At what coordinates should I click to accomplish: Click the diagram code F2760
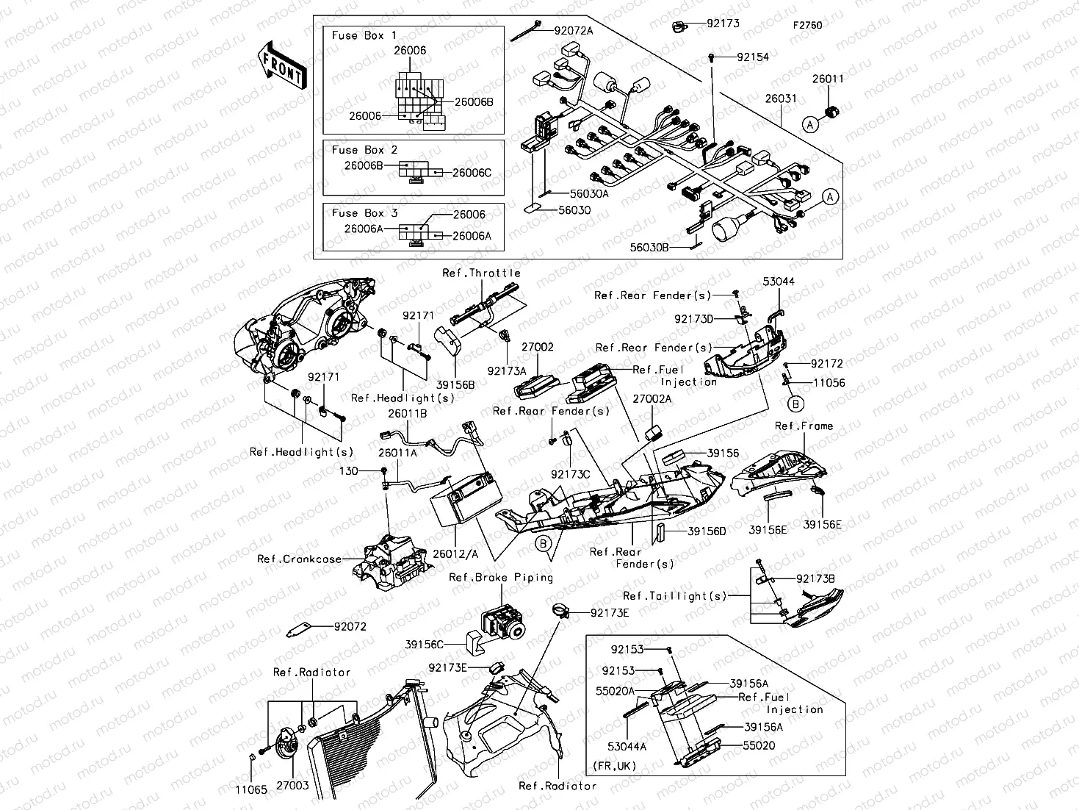coord(806,25)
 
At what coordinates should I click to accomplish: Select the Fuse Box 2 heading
coord(364,150)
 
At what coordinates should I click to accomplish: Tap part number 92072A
coord(574,30)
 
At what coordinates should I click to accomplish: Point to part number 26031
coord(779,98)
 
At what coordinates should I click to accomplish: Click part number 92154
coord(752,57)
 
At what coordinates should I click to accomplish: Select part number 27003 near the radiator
coord(292,786)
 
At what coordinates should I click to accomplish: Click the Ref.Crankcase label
coord(299,559)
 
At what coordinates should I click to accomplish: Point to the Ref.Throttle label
coord(481,273)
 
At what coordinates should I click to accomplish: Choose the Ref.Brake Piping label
coord(501,578)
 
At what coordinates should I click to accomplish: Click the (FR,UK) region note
coord(616,765)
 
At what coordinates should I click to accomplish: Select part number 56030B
coord(649,248)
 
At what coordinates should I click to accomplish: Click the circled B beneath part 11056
coord(795,403)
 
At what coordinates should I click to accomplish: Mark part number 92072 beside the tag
coord(350,627)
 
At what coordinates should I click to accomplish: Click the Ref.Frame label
coord(804,426)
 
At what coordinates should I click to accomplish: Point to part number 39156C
coord(425,644)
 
